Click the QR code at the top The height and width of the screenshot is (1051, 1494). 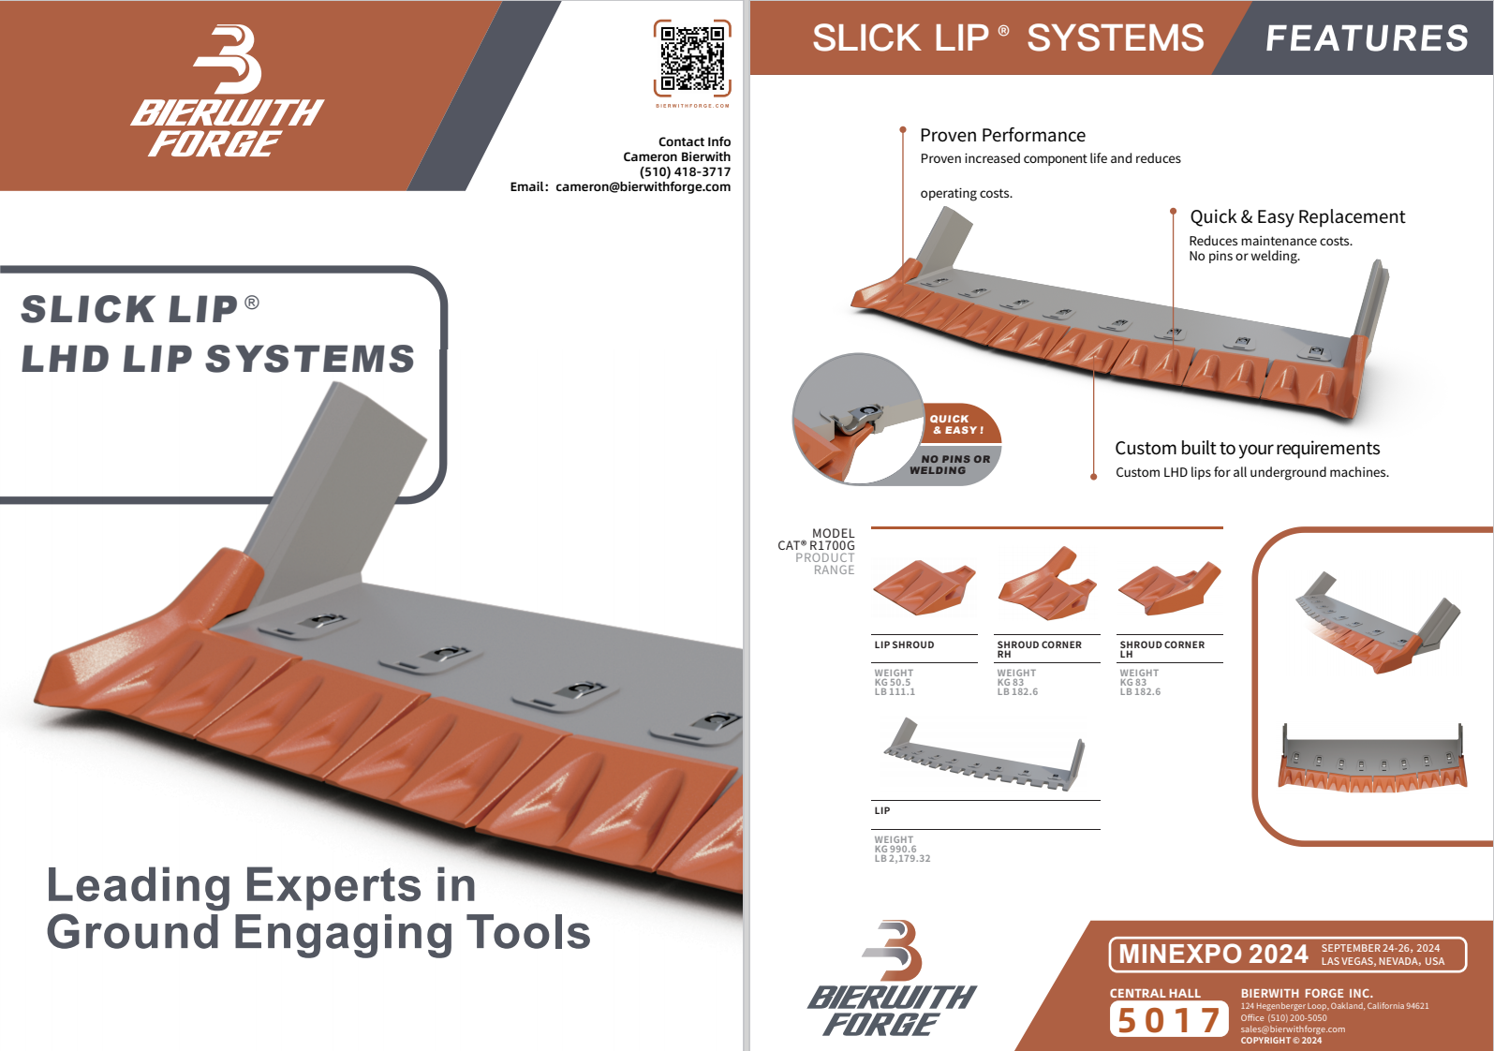coord(692,58)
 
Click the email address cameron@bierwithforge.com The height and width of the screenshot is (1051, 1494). coord(643,186)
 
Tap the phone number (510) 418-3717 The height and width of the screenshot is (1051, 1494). coord(685,171)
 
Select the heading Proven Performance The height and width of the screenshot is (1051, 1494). coord(1002,135)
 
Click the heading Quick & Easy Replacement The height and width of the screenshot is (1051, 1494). coord(1297,216)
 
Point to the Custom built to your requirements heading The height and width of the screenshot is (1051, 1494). coord(1247,448)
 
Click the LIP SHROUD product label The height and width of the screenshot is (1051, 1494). coord(904,644)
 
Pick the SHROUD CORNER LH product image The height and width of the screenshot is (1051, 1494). coord(1170,588)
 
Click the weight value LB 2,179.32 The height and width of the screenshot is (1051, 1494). coord(902,858)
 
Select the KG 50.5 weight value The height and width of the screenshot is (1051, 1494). coord(892,682)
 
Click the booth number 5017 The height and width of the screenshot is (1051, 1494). coord(1169,1019)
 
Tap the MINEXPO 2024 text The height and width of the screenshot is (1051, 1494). coord(1213,954)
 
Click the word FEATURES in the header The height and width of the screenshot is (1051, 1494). coord(1367,37)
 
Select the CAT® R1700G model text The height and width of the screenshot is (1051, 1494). coord(816,545)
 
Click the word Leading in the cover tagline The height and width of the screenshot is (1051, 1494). coord(139,884)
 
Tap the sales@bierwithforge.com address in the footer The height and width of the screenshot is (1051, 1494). coord(1293,1029)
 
